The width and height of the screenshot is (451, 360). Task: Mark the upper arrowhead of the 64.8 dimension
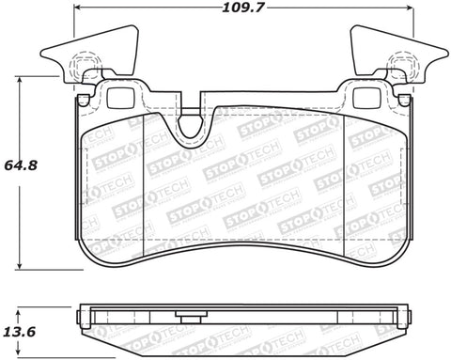[x=21, y=80]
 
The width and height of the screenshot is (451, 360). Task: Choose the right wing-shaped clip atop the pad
[x=384, y=52]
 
